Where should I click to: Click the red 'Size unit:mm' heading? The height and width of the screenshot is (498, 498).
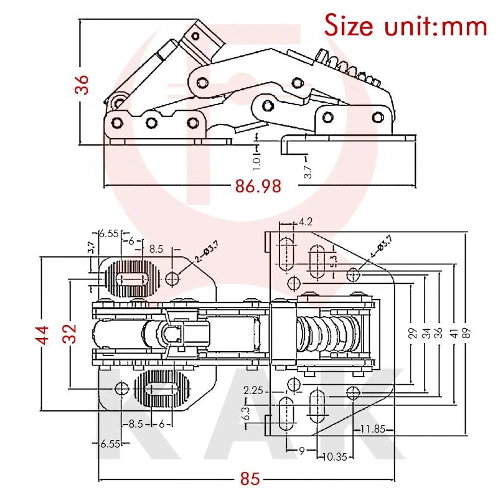click(x=405, y=26)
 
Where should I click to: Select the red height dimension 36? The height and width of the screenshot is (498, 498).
click(x=83, y=85)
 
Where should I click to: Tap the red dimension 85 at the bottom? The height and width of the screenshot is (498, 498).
click(x=250, y=479)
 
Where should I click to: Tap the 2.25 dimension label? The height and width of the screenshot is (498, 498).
click(x=254, y=390)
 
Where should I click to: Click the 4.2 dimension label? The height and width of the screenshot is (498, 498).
click(x=306, y=222)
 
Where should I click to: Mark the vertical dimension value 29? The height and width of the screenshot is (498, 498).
click(x=411, y=332)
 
